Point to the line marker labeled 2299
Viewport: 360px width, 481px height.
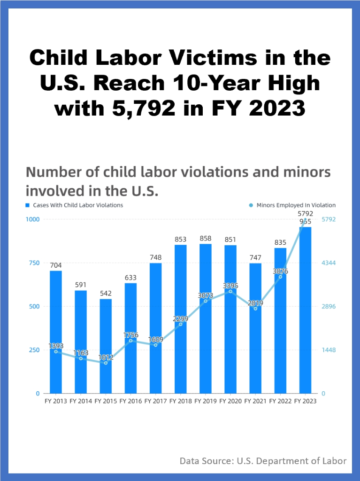click(x=180, y=324)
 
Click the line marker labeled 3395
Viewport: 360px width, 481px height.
click(x=230, y=291)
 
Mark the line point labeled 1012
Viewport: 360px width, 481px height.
click(x=106, y=363)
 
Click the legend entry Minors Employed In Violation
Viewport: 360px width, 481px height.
click(x=296, y=205)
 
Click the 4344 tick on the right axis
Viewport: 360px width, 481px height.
click(x=329, y=263)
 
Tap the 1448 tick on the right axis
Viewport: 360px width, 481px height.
click(x=329, y=350)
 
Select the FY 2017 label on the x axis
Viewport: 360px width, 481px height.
click(x=155, y=401)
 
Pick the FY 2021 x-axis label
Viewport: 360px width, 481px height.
click(x=255, y=401)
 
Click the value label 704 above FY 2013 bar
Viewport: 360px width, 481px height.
click(x=56, y=265)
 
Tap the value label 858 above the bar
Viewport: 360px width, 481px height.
click(x=205, y=238)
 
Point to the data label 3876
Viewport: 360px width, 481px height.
click(x=280, y=271)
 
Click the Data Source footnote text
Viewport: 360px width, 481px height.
click(x=263, y=461)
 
